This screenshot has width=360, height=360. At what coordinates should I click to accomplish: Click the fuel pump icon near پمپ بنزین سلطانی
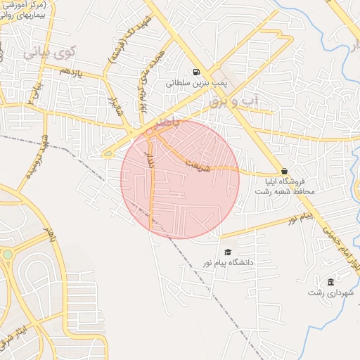tap(195, 72)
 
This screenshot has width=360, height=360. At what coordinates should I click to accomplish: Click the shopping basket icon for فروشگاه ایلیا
tap(284, 171)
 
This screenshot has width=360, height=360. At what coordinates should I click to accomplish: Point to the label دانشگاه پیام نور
tap(227, 262)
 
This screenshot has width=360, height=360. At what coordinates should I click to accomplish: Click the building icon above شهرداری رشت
tap(330, 282)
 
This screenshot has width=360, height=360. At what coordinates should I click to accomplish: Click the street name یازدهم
tap(71, 72)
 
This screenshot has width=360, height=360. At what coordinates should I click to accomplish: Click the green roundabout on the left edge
tap(8, 254)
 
